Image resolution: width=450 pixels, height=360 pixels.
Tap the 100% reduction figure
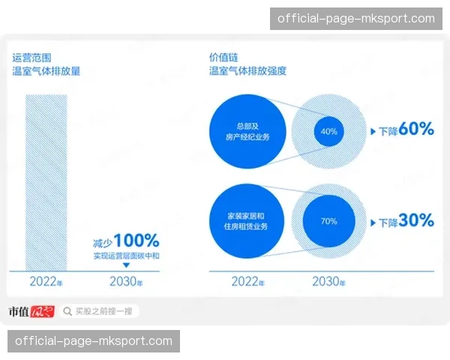[x=136, y=241]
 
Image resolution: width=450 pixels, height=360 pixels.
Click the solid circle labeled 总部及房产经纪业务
[x=247, y=131]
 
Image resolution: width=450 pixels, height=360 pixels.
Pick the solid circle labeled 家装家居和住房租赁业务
[x=247, y=221]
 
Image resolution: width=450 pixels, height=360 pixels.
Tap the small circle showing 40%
[x=328, y=131]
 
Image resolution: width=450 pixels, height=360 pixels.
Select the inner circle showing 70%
[x=328, y=221]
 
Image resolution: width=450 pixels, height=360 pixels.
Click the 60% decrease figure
[x=416, y=130]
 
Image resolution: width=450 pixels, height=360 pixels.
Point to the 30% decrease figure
[x=416, y=221]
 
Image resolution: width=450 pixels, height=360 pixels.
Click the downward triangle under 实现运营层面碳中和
[x=126, y=265]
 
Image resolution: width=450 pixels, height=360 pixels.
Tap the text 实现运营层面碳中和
[x=126, y=256]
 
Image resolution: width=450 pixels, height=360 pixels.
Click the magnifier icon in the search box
[x=68, y=310]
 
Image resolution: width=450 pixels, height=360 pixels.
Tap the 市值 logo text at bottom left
[x=19, y=310]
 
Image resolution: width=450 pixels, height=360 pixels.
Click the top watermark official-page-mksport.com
[x=356, y=18]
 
